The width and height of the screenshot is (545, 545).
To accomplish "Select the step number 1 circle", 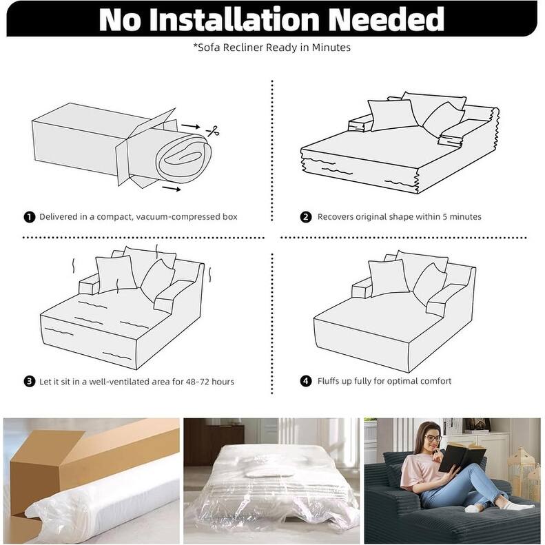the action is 30,217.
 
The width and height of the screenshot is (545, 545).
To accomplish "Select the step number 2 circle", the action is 305,217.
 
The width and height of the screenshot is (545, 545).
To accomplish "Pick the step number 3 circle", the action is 30,381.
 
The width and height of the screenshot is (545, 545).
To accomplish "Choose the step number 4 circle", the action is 305,381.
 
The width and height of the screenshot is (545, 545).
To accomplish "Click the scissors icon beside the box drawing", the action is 213,131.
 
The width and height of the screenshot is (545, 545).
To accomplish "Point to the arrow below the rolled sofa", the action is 172,188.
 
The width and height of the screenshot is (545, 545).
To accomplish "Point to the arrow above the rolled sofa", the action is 191,126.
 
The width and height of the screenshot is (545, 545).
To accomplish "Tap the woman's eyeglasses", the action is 433,438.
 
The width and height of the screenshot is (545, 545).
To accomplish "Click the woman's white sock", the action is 475,508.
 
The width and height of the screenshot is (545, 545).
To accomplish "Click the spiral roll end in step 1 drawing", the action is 183,158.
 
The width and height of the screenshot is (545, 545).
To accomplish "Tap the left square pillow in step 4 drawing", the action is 389,278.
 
